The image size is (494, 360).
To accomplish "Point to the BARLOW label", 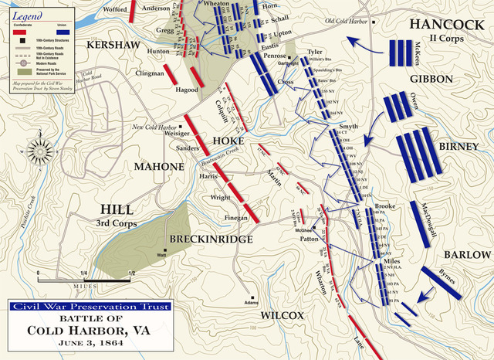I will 466,255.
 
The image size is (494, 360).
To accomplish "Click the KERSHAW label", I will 113,46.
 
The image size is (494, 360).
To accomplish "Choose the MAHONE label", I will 159,167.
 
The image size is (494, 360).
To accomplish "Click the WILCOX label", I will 283,315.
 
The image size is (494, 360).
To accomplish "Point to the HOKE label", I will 228,142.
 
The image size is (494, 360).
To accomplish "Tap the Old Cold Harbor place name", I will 347,21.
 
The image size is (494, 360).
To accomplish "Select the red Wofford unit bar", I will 134,9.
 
